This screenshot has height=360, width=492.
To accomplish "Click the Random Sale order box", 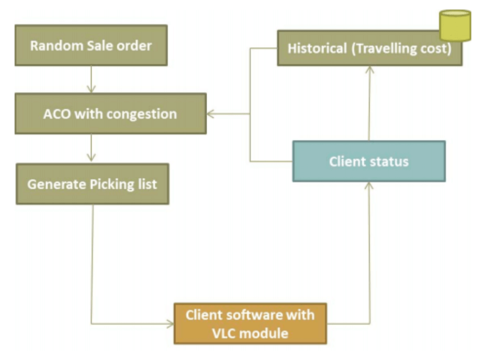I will [91, 46].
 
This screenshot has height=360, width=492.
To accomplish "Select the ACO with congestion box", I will [110, 114].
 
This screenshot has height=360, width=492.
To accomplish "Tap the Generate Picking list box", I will [92, 184].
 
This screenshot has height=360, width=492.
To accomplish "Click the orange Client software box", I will [250, 324].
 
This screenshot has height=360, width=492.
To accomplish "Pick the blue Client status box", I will [369, 162].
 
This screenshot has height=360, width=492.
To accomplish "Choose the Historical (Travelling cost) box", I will [369, 49].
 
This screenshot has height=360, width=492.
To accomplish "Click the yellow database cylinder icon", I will [455, 25].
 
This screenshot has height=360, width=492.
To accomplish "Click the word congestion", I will [143, 114].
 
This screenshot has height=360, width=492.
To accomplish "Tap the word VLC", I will [224, 333].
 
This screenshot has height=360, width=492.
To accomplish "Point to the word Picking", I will [110, 184].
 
